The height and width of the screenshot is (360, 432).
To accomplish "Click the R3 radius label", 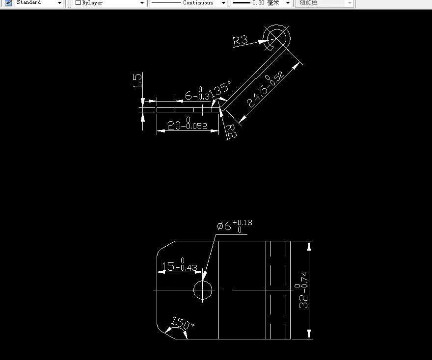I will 241,40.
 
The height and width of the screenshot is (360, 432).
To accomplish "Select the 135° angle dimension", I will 219,89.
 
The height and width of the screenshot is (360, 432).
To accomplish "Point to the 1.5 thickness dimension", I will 138,80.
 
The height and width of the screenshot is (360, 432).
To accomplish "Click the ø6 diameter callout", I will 224,226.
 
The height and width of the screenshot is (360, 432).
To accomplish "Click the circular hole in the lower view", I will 203,290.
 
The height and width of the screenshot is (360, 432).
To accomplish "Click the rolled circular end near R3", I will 277,37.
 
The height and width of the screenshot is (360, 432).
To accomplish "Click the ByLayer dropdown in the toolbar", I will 110,3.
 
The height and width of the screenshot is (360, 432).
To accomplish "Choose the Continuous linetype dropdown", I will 189,3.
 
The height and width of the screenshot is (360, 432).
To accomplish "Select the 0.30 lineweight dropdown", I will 261,3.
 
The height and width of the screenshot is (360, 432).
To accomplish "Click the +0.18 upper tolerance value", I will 245,223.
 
